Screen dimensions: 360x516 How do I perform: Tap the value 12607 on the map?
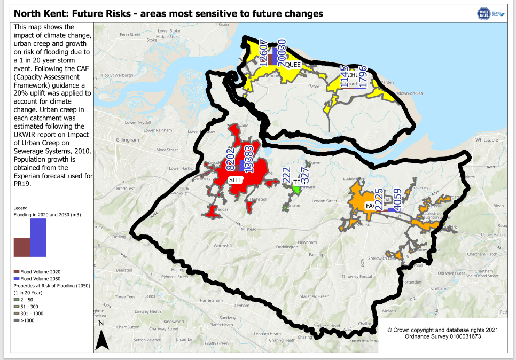pos(263,52)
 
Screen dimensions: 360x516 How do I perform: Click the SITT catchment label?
pos(235,180)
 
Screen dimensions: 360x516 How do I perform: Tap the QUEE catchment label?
pos(293,65)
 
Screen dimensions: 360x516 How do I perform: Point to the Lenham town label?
pos(242,306)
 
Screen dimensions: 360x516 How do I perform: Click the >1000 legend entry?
pos(27,320)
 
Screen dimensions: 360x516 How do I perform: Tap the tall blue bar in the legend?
pos(38,238)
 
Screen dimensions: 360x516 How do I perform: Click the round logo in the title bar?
pos(484,14)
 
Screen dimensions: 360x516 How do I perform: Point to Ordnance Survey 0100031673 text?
pos(443,336)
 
